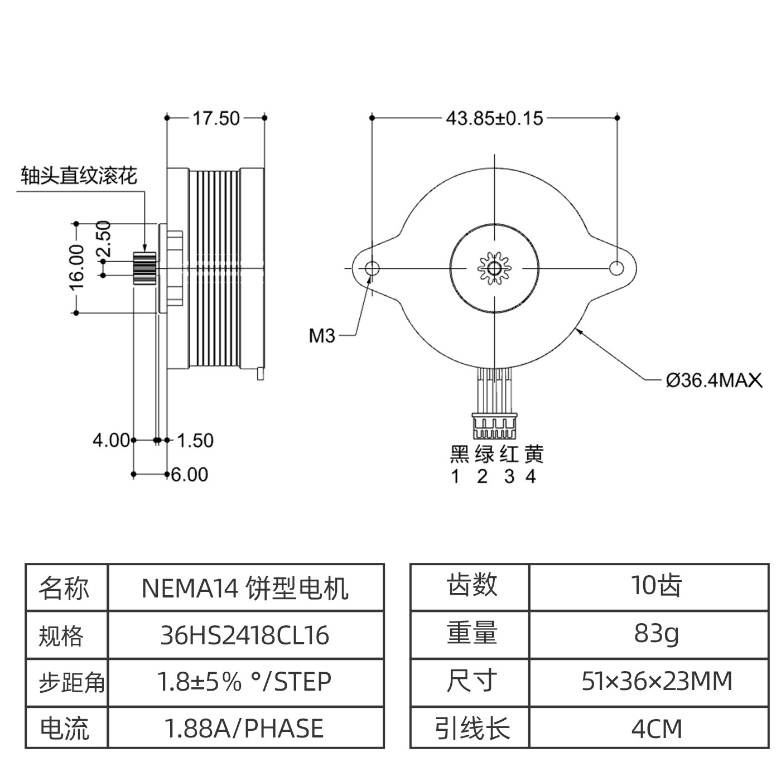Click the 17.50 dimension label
[216, 118]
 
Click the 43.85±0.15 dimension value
[494, 118]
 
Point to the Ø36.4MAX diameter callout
[713, 380]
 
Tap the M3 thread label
[322, 336]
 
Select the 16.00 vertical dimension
[76, 267]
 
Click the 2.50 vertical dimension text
[104, 238]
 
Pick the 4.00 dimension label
[111, 441]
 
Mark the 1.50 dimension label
[195, 441]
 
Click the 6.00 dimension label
[190, 475]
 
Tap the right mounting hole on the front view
[616, 268]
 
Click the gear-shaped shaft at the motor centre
[494, 268]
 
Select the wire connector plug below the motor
[494, 426]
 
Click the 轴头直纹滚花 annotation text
[79, 176]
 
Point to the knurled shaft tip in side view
[144, 268]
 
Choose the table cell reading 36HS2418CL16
[245, 635]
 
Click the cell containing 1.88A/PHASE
[245, 729]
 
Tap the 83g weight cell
[656, 633]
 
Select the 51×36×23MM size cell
[656, 681]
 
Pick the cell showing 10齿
[656, 586]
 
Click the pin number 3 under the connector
[509, 477]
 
